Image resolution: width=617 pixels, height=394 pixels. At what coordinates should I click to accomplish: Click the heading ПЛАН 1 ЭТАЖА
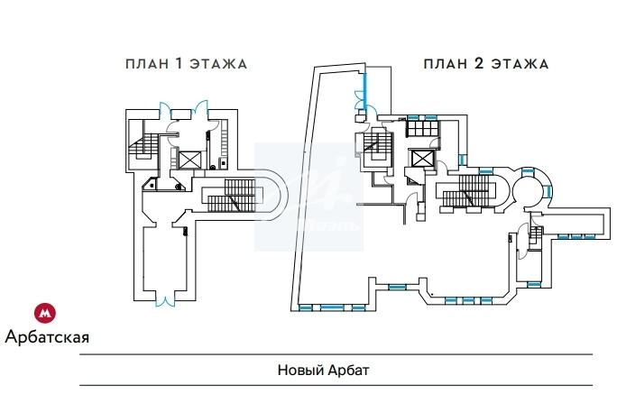click(x=186, y=64)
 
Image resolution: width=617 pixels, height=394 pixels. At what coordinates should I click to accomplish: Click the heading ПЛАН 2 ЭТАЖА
click(x=486, y=64)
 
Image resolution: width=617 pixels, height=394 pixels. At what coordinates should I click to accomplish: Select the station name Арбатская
click(x=47, y=338)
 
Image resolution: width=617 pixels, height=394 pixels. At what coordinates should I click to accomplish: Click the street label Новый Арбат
click(x=324, y=371)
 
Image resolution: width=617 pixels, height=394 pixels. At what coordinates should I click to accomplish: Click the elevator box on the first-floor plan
click(x=189, y=160)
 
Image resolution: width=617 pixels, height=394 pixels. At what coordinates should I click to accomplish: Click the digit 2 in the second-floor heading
click(x=481, y=64)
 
